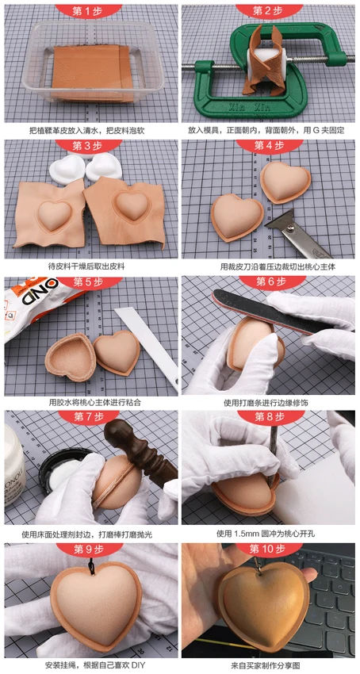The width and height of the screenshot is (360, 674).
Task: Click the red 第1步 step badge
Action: pos(88,10)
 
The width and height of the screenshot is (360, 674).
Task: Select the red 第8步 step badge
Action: pos(270,416)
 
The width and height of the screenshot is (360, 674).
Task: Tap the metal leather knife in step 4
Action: pos(297,233)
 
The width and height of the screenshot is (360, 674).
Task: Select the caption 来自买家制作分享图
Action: pos(269,665)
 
